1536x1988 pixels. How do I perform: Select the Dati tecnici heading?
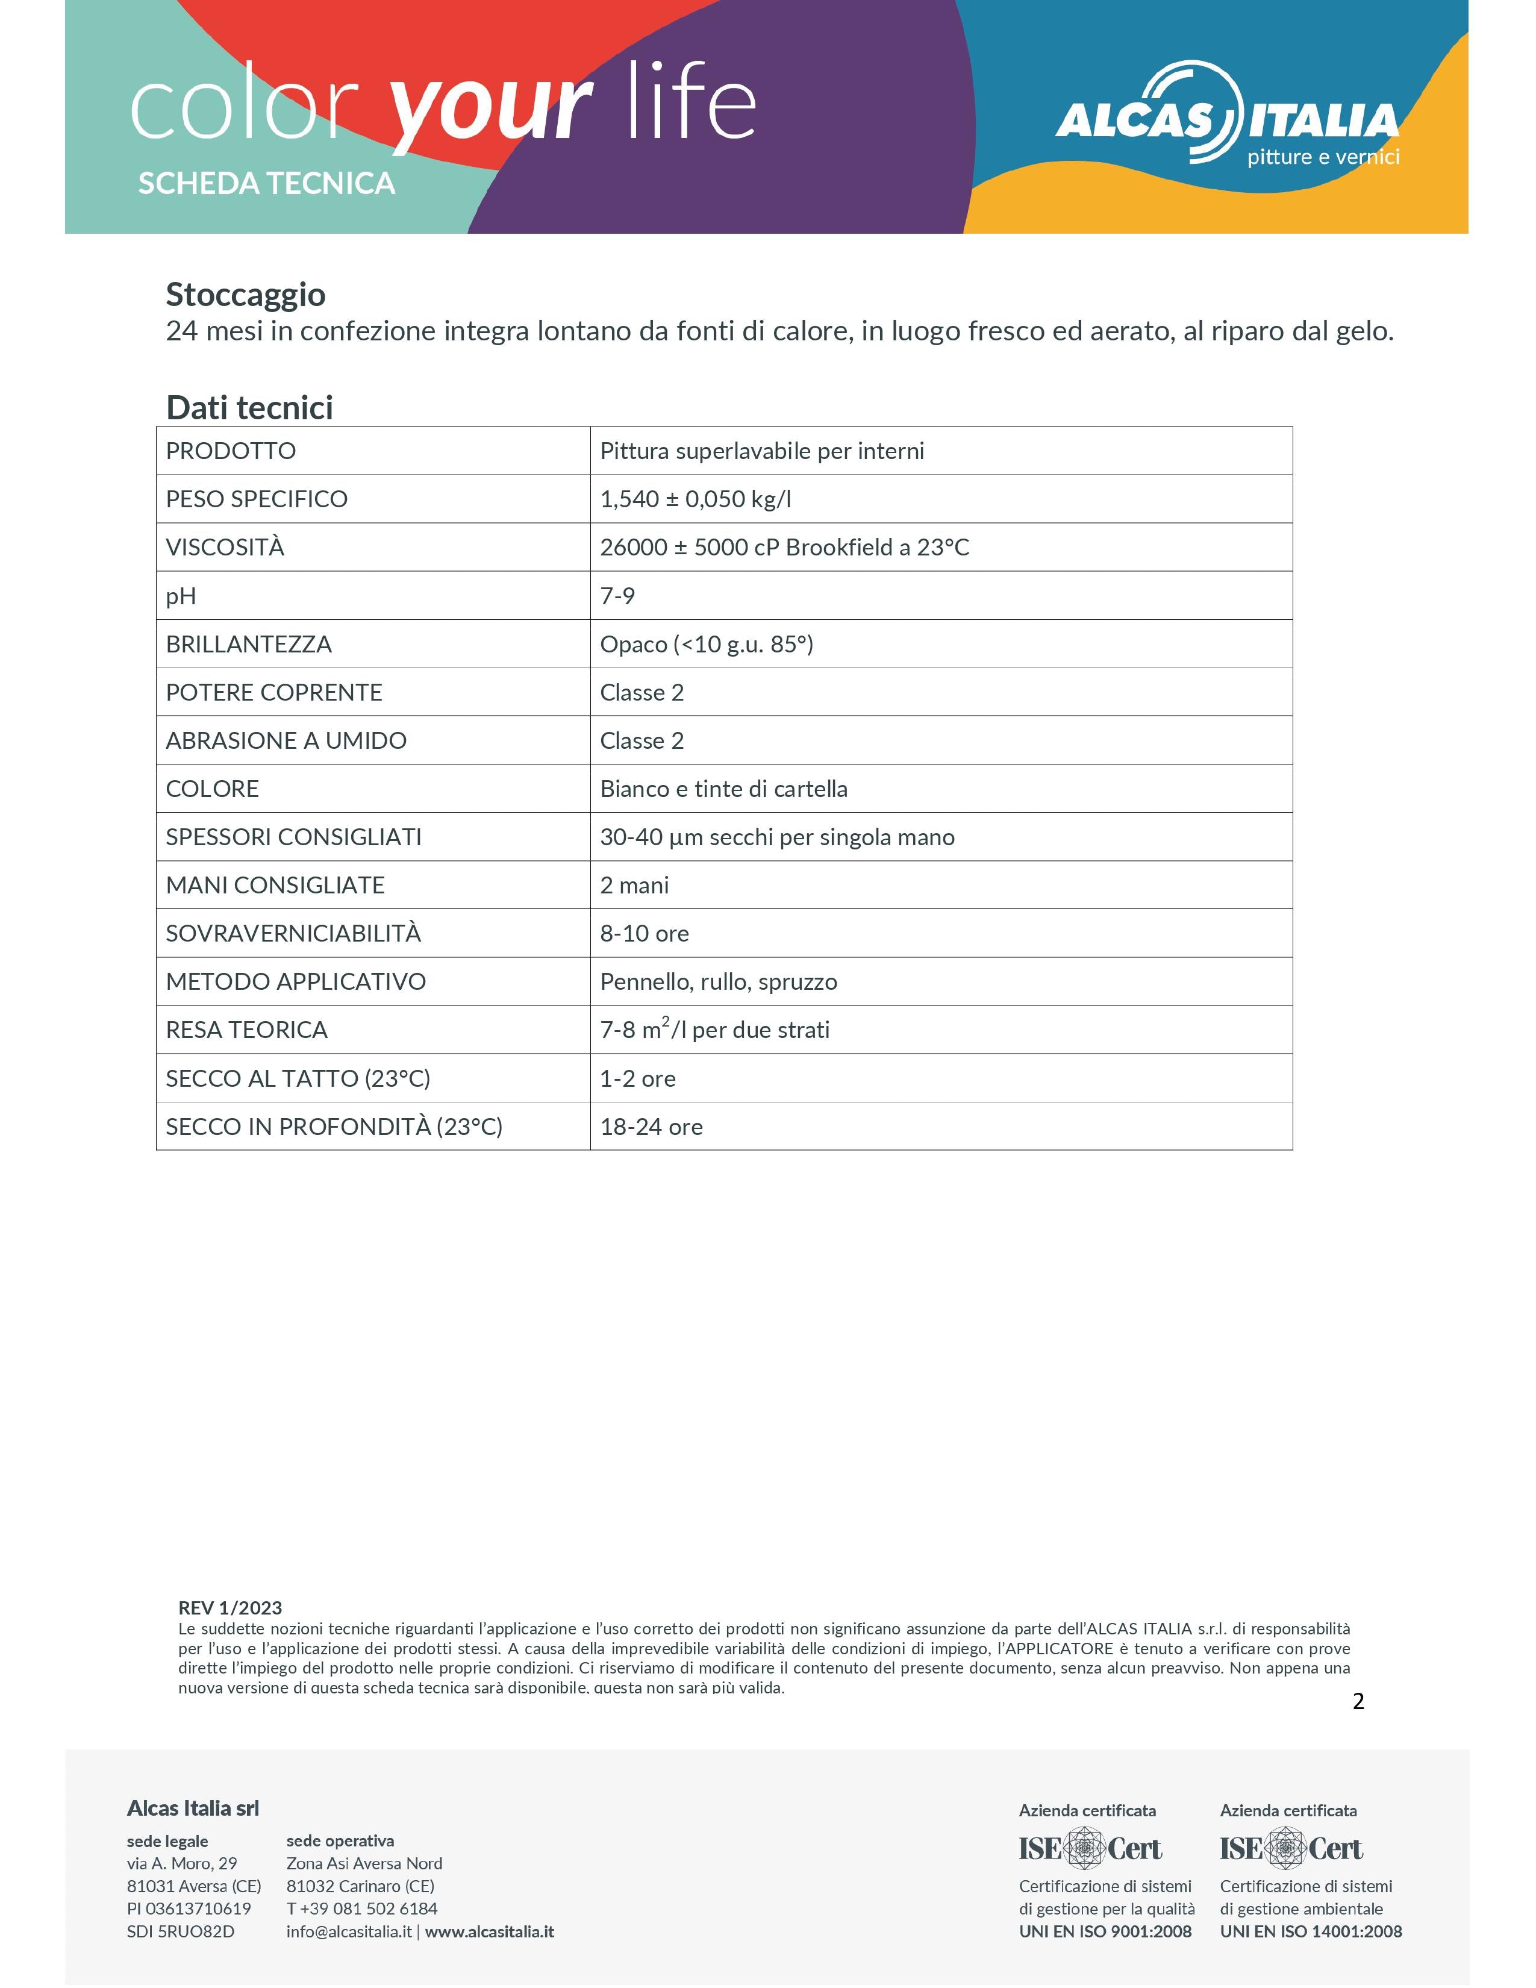pyautogui.click(x=249, y=408)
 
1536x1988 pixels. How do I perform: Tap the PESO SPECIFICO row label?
pyautogui.click(x=257, y=499)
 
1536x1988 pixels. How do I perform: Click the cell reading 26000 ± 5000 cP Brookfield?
pyautogui.click(x=784, y=547)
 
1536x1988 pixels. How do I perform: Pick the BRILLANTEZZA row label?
pyautogui.click(x=248, y=645)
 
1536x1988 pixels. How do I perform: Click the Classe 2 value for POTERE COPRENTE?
pyautogui.click(x=642, y=693)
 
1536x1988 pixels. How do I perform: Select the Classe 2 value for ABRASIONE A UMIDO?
pyautogui.click(x=642, y=741)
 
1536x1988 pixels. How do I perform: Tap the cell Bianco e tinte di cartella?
pyautogui.click(x=723, y=789)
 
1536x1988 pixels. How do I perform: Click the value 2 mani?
pyautogui.click(x=634, y=886)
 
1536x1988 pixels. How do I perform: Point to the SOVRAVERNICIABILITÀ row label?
pyautogui.click(x=293, y=934)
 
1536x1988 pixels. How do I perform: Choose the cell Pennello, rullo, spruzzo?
pyautogui.click(x=718, y=982)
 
